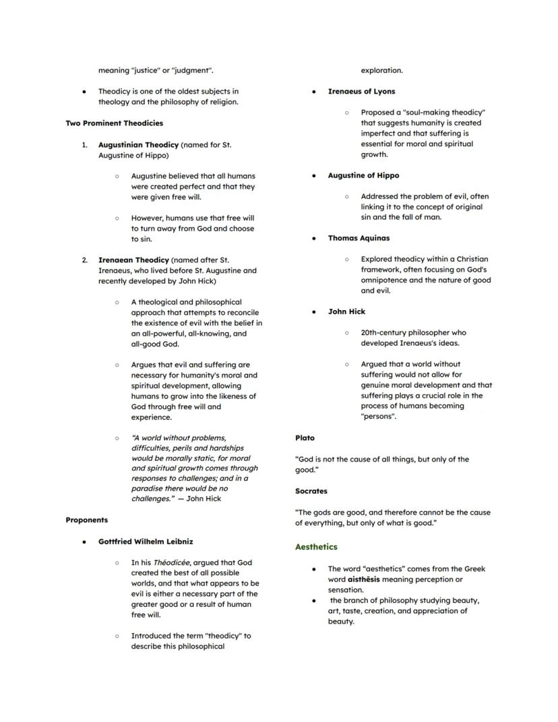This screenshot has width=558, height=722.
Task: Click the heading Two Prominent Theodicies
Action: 114,123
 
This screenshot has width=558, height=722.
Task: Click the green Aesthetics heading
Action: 316,547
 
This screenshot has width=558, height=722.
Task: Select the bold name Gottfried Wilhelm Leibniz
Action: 146,541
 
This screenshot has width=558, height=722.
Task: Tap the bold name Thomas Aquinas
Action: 359,238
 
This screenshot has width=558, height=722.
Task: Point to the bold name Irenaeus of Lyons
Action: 361,92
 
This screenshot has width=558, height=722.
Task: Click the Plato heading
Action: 305,438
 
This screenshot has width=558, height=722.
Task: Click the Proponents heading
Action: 86,520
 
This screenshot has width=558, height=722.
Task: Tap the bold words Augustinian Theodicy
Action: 138,145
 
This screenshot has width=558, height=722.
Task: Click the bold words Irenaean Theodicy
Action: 133,260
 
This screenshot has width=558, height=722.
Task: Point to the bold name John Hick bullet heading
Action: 346,311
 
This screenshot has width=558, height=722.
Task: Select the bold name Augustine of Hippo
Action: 363,175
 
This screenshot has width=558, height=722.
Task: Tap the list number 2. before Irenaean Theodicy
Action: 85,260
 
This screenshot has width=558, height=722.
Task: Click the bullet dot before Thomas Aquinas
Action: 314,238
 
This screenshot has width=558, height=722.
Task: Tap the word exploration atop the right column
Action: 381,70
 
